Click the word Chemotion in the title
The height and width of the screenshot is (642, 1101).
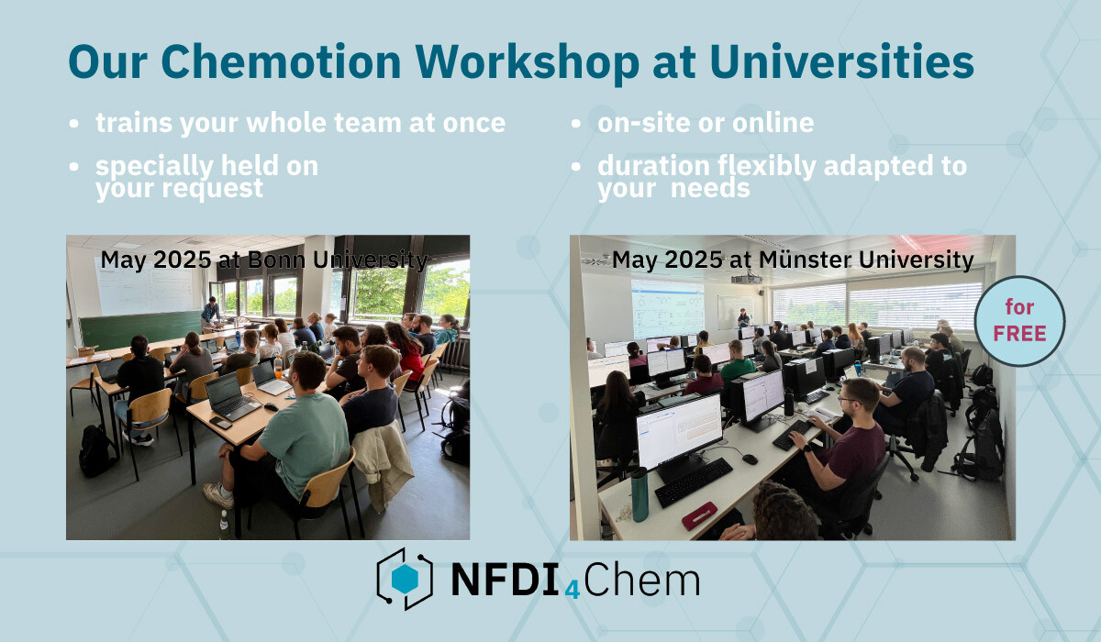click(281, 61)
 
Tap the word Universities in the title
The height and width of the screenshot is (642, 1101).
click(841, 61)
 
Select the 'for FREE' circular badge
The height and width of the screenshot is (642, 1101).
click(1019, 321)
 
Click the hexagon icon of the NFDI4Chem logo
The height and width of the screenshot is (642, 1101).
click(405, 579)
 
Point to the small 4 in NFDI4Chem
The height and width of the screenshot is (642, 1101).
click(573, 590)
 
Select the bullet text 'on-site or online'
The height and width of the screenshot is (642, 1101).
click(706, 123)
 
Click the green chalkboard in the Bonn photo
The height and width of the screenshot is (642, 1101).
click(141, 329)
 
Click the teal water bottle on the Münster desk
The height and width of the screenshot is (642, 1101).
click(639, 493)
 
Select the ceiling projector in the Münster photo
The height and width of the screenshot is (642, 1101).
click(746, 279)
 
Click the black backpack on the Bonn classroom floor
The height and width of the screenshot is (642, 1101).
click(95, 450)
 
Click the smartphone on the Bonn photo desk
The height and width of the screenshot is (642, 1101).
click(221, 423)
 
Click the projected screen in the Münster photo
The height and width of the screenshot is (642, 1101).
click(668, 308)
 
